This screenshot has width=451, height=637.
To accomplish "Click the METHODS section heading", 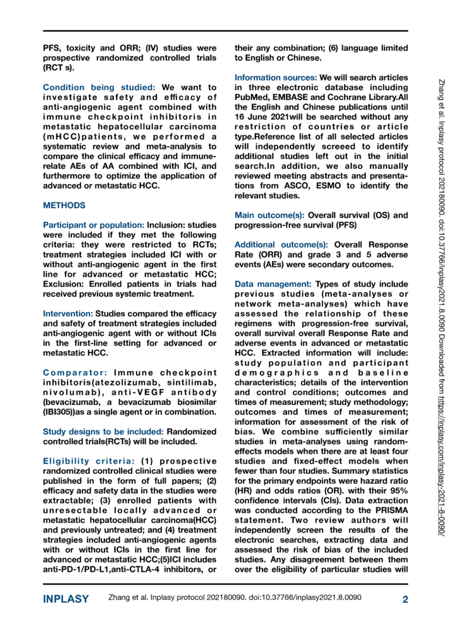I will coord(64,206).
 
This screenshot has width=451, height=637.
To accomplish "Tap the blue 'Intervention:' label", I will coord(68,314).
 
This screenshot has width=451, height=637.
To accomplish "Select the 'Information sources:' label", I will coord(275,77).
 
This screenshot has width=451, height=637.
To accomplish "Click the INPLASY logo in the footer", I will coord(66,599).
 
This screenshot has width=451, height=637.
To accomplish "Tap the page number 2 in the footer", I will coord(405,599).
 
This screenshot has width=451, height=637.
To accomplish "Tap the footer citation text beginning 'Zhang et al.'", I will coord(235,598).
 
